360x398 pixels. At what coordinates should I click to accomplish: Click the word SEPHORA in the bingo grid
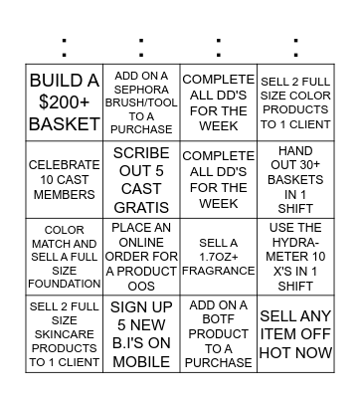[141, 91]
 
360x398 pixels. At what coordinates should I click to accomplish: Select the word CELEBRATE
[65, 164]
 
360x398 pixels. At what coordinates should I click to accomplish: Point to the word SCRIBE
[141, 152]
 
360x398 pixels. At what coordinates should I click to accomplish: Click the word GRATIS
[141, 204]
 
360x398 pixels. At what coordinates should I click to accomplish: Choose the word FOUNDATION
[65, 284]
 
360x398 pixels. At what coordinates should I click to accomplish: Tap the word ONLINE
[141, 242]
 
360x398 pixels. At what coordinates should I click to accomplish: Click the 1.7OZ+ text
[219, 256]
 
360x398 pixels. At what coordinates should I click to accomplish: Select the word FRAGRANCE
[219, 270]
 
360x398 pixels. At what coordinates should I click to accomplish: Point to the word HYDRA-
[295, 242]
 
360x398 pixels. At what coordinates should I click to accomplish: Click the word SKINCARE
[65, 333]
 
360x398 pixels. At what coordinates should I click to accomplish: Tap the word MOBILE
[141, 350]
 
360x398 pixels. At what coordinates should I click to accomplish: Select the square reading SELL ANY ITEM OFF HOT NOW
[295, 333]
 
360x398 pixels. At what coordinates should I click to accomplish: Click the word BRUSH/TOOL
[141, 102]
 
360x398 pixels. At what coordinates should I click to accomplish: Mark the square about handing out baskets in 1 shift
[295, 179]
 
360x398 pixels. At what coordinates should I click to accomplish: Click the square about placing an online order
[141, 256]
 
